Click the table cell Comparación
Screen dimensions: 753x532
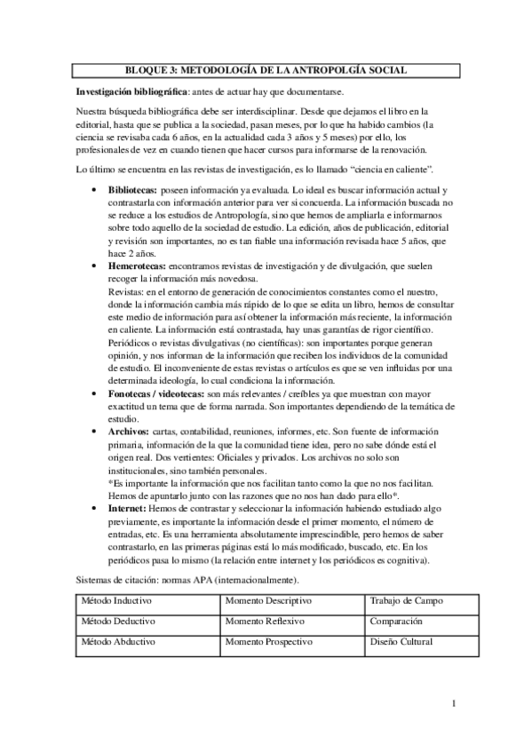click(398, 621)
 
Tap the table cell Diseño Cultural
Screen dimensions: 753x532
click(401, 640)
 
